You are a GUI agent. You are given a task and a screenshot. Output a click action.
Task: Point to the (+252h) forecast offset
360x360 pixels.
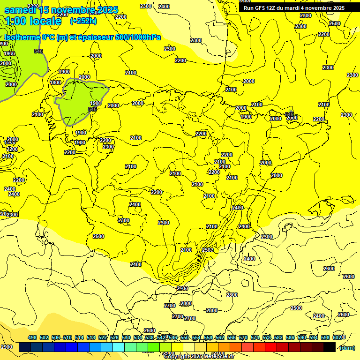coord(83,21)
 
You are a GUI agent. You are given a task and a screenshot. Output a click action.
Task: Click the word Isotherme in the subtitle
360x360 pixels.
coord(22,37)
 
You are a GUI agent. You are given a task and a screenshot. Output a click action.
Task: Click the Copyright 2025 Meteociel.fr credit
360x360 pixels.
coord(199,357)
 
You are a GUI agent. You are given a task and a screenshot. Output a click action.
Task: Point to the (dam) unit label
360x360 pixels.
coord(347,348)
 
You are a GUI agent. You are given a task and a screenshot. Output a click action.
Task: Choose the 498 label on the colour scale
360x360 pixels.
coord(32,337)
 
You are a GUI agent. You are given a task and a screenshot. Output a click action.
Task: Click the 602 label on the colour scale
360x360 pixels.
coord(337,337)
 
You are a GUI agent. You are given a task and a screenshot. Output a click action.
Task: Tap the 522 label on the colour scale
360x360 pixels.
coord(103,337)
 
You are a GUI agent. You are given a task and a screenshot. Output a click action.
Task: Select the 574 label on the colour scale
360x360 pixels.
coord(255,337)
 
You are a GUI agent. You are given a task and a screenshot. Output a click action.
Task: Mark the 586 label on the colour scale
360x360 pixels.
coord(290,337)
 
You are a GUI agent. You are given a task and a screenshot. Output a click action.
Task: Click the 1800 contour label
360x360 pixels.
coord(55,82)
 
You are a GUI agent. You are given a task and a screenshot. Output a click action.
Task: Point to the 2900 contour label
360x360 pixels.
coord(7,347)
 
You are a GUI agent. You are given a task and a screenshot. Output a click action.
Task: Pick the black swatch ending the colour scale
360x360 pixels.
coord(330,347)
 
